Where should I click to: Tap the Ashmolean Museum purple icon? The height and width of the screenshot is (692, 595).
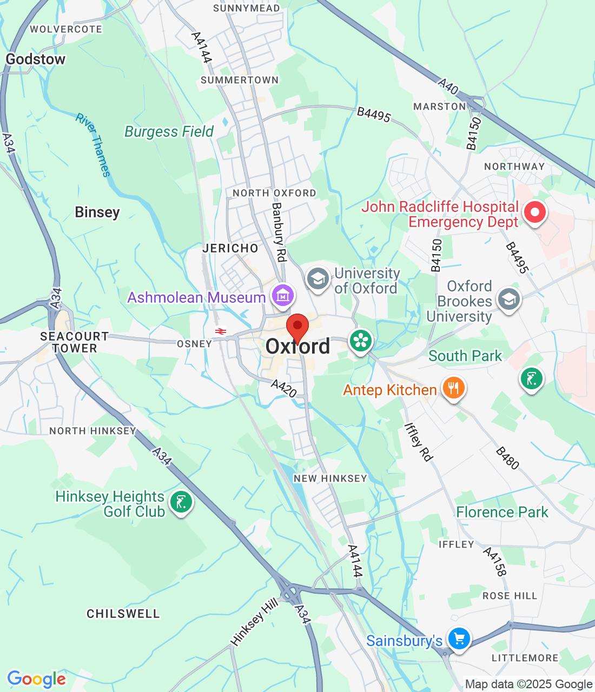(x=283, y=295)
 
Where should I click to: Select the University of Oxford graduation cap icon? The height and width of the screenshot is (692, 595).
(x=318, y=279)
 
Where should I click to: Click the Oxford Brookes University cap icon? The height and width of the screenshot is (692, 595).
(x=508, y=300)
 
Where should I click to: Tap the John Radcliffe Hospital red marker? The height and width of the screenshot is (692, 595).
(x=535, y=212)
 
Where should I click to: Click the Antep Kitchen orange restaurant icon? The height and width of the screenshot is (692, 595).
(x=454, y=388)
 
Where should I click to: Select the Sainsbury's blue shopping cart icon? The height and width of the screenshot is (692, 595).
(x=459, y=639)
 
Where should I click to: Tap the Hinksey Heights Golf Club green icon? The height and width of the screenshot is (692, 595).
(x=181, y=502)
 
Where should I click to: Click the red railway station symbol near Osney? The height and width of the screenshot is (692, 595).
(x=220, y=331)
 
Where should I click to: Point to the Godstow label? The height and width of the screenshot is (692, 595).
(x=36, y=59)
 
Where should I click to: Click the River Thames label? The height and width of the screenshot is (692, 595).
(x=93, y=145)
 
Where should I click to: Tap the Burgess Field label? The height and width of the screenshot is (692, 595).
(x=169, y=131)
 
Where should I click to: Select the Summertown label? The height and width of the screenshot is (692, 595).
(x=240, y=80)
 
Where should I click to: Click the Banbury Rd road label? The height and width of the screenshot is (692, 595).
(x=279, y=232)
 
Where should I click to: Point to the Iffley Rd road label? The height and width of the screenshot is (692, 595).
(x=419, y=442)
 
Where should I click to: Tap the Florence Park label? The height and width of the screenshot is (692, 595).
(x=502, y=512)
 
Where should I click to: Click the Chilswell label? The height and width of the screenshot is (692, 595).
(x=123, y=614)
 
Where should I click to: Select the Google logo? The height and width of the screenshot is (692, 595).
(x=36, y=679)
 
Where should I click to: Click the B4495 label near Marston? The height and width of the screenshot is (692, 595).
(x=374, y=114)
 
